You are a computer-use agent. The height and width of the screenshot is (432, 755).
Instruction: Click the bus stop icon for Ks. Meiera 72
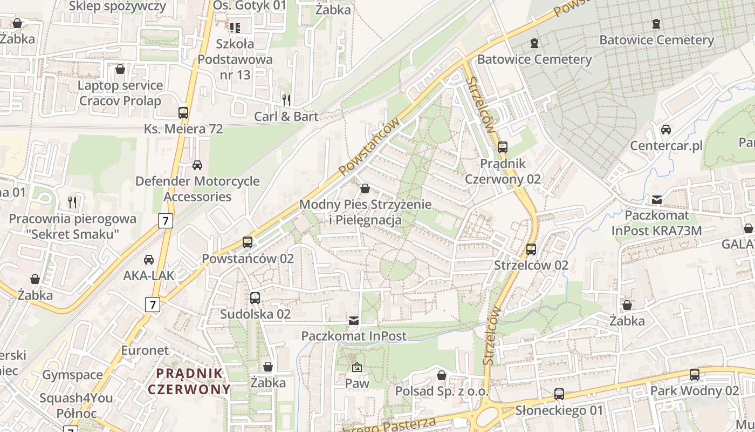click(183, 113)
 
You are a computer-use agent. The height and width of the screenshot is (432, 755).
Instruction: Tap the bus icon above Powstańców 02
click(248, 242)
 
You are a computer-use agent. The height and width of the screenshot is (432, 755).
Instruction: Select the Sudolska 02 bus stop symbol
click(255, 298)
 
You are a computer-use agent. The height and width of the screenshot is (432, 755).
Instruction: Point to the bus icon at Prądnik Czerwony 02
click(503, 147)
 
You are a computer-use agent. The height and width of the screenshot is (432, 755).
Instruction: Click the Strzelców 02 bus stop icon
click(531, 249)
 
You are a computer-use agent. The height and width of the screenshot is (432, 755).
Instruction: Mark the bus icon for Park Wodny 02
click(695, 374)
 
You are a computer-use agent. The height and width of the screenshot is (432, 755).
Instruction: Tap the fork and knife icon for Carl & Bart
click(286, 100)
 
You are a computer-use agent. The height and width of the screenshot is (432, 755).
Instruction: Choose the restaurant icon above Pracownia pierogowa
click(72, 202)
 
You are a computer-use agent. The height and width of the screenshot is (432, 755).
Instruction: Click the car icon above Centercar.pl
click(666, 130)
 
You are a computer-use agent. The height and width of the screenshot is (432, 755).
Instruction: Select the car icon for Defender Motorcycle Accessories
click(197, 165)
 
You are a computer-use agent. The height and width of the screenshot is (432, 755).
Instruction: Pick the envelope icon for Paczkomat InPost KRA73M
click(657, 199)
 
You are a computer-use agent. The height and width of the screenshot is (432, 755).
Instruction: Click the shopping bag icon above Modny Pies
click(365, 188)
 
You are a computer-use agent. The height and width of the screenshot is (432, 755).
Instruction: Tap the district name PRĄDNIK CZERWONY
click(189, 381)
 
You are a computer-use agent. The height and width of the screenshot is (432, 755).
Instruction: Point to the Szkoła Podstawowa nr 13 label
click(235, 59)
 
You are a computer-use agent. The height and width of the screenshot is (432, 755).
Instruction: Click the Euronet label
click(145, 350)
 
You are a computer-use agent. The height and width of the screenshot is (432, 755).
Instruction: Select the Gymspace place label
click(72, 375)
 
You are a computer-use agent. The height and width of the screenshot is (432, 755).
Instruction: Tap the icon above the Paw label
click(356, 367)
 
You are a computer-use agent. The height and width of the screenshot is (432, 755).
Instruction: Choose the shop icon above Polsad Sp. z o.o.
click(442, 375)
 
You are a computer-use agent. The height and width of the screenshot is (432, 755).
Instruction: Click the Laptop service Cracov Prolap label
click(120, 93)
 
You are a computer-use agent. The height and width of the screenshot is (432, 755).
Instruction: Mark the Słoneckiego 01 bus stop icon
click(559, 394)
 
